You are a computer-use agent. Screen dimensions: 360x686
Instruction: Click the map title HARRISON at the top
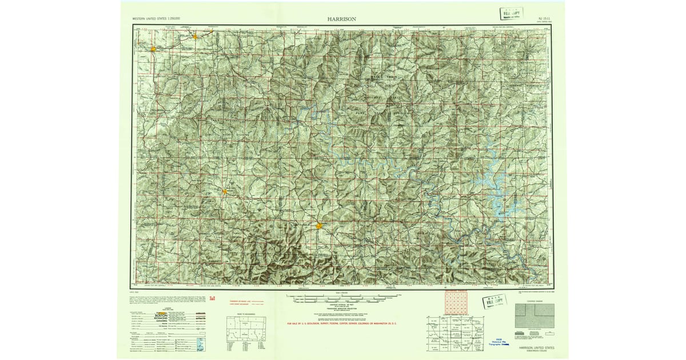pos(342,18)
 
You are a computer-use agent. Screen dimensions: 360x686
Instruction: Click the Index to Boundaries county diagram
pos(245,331)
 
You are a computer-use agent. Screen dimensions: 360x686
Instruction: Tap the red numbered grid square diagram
pos(456,302)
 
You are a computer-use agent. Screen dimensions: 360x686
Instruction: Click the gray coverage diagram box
pos(535,315)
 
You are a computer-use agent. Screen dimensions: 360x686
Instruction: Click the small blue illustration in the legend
pos(199,344)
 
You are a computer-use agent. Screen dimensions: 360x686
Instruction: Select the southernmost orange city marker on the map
pos(318,226)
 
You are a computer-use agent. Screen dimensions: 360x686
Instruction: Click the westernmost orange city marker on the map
pos(153,49)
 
